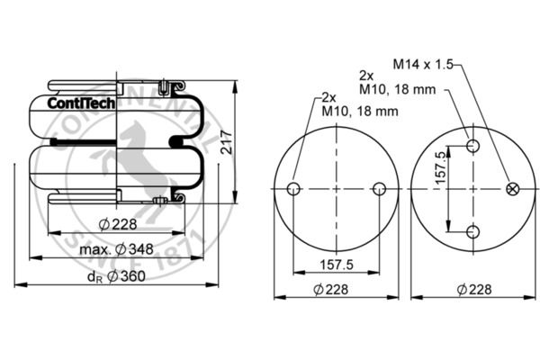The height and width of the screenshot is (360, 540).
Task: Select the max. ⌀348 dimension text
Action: (x=115, y=248)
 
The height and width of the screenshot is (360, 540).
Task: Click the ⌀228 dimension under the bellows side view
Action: (x=117, y=223)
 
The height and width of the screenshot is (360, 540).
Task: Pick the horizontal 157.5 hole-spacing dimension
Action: (x=335, y=265)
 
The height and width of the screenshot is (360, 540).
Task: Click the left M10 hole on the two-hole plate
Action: (x=292, y=189)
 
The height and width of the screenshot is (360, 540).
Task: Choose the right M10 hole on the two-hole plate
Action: (x=379, y=189)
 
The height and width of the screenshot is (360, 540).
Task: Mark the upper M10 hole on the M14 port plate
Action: (x=472, y=147)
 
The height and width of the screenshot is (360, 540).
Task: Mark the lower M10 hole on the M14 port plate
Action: (x=472, y=232)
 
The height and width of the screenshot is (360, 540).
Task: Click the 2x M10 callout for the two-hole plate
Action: (x=346, y=104)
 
